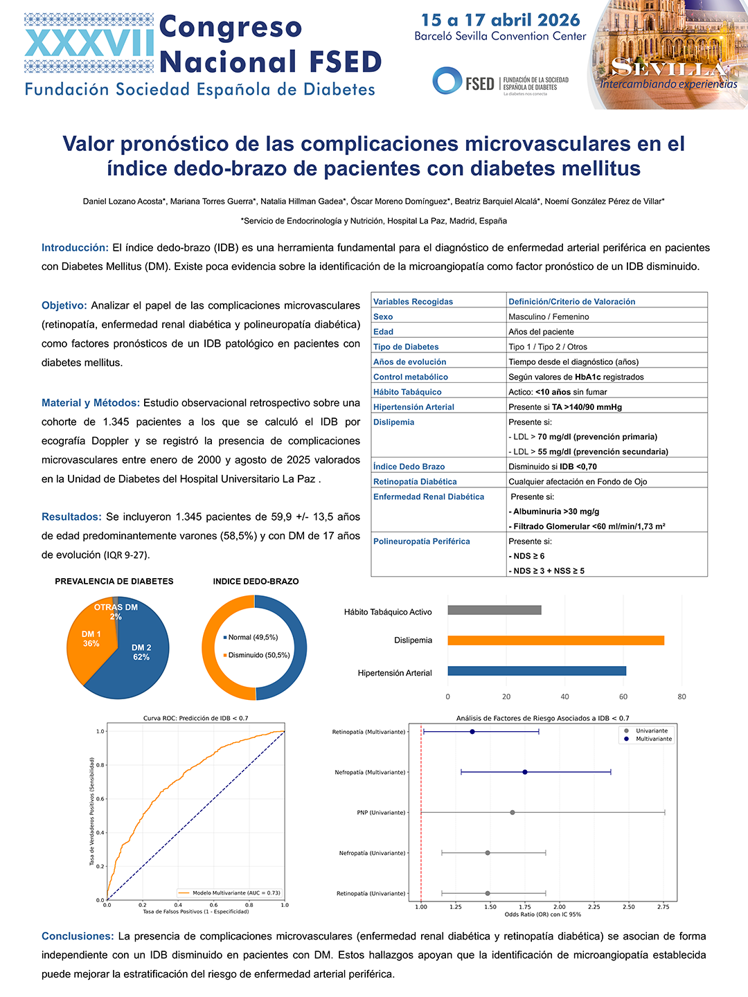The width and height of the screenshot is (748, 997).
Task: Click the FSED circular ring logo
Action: pos(447,80)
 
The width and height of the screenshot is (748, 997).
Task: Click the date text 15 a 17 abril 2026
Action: pos(501,20)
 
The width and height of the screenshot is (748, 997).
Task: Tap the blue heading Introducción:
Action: pos(75,248)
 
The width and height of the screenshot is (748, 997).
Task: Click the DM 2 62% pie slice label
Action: pos(141,652)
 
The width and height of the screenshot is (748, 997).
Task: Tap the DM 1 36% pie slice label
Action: pos(91,638)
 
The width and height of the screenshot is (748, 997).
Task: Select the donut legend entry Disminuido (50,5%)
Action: pos(256,655)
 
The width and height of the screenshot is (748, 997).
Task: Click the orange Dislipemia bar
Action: pos(556,640)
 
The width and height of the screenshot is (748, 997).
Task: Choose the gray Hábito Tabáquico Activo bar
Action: pos(495,610)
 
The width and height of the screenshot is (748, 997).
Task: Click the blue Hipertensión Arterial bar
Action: pos(537,671)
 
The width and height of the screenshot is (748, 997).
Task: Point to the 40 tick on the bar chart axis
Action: pos(564,697)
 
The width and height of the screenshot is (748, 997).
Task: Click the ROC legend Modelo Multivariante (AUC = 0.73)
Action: pos(229,892)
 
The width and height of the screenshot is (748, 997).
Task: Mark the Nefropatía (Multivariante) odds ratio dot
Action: pos(524,772)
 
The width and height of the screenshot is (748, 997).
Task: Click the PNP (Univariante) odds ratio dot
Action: pos(513,812)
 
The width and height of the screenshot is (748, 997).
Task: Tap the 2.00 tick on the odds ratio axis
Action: pos(560,907)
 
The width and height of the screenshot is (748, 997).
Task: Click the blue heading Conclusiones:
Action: pos(78,936)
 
